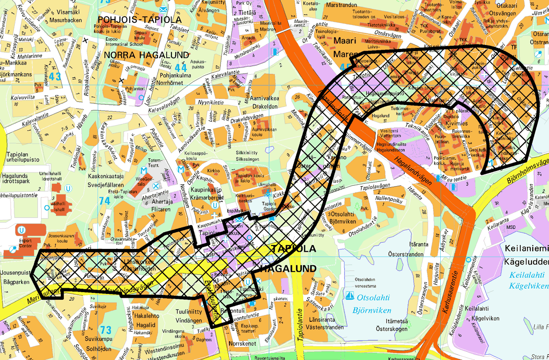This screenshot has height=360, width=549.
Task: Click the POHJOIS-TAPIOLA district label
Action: click(138, 20)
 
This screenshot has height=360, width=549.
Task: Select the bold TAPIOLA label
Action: click(294, 249)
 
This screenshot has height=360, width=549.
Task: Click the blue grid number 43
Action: click(55, 77)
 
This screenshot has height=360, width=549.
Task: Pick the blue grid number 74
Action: click(105, 201)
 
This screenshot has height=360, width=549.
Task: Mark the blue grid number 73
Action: click(105, 330)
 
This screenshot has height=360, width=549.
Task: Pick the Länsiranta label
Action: click(326, 320)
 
